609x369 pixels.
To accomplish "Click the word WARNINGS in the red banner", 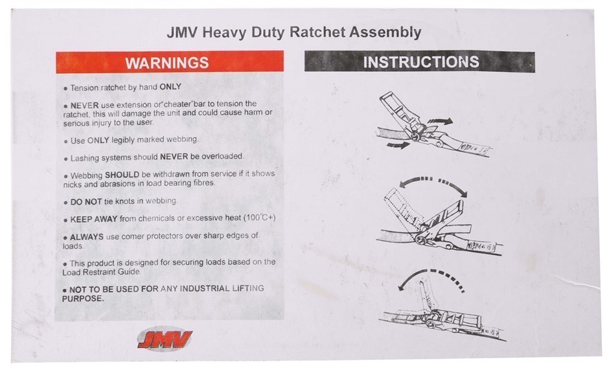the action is tap(167, 63).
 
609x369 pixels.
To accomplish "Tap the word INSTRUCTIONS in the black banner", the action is tap(421, 62).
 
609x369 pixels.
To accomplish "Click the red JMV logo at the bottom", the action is tap(165, 339).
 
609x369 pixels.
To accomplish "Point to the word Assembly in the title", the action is tap(385, 32).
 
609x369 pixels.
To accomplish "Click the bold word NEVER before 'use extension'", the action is tap(84, 106).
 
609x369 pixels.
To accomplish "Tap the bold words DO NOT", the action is tap(86, 202).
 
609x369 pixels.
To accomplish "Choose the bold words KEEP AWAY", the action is tap(93, 219).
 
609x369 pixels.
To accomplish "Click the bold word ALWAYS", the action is tap(87, 237).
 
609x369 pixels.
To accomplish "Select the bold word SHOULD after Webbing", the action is tap(122, 175).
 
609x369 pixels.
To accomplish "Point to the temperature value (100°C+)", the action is tap(259, 218).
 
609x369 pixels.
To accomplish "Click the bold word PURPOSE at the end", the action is tap(83, 298).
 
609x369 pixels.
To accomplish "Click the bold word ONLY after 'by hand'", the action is tap(170, 87).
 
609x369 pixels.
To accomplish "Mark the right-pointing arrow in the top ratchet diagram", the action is tap(440, 122).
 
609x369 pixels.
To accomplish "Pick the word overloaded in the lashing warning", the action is tap(222, 156).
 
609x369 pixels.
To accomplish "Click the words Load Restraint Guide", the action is tap(101, 272).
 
